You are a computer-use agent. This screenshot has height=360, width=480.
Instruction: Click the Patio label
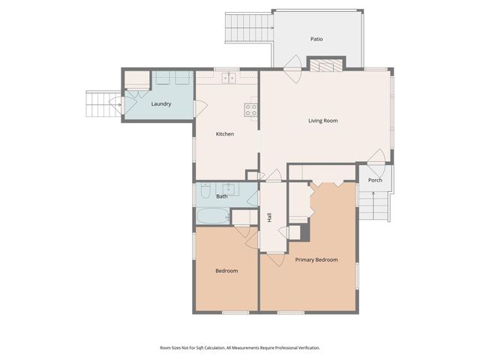tap(316, 38)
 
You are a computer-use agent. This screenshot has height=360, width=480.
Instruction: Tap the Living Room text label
tap(322, 120)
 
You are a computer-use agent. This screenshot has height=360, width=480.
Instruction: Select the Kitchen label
tap(225, 134)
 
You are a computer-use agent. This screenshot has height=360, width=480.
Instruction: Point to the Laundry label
tap(161, 103)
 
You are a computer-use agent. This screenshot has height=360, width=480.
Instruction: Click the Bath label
tap(222, 196)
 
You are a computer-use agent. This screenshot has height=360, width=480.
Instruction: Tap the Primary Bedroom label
tap(316, 259)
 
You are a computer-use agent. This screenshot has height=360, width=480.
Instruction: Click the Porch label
tap(375, 180)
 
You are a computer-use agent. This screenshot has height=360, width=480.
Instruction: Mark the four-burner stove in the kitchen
tap(251, 109)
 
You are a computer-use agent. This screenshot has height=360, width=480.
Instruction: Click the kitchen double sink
tap(227, 77)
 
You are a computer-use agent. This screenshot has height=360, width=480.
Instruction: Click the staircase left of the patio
tap(247, 30)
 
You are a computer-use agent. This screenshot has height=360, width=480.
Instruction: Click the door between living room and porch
tap(377, 159)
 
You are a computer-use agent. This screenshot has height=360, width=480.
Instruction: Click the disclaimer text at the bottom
tap(240, 348)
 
